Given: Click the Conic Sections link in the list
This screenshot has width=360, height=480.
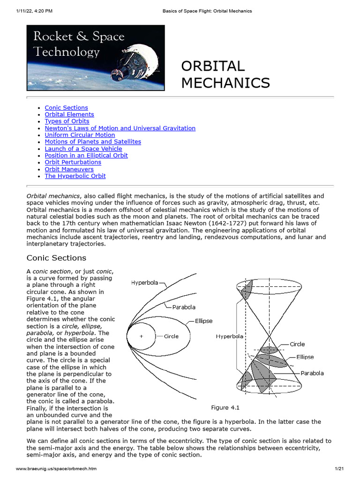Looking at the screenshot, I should (66, 108).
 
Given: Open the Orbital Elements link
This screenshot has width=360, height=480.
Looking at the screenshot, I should (69, 114).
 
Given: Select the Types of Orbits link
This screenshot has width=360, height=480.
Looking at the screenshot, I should (67, 121).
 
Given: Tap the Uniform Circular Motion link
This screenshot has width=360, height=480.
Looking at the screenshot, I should (80, 135).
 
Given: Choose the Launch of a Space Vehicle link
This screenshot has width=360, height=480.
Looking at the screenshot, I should (83, 149).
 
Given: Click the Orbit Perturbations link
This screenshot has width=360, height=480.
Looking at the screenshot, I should (73, 162).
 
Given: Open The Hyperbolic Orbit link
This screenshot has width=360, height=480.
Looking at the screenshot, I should (75, 176).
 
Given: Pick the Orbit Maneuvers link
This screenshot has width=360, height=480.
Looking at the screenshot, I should (69, 169).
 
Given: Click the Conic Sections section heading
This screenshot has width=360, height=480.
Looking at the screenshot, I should (56, 258).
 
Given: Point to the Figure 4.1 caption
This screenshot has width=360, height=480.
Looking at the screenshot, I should (226, 407).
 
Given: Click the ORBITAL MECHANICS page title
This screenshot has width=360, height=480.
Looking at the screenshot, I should (225, 75).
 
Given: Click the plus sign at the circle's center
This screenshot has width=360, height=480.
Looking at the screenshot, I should (141, 336).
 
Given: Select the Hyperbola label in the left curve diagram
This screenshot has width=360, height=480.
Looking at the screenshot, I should (145, 283).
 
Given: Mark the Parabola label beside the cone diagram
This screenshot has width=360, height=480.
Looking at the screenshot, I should (312, 374).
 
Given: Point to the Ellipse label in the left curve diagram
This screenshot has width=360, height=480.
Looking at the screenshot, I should (203, 321).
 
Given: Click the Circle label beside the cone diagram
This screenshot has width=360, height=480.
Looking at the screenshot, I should (297, 344).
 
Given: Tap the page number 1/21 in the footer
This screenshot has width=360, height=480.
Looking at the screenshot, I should (339, 469).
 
